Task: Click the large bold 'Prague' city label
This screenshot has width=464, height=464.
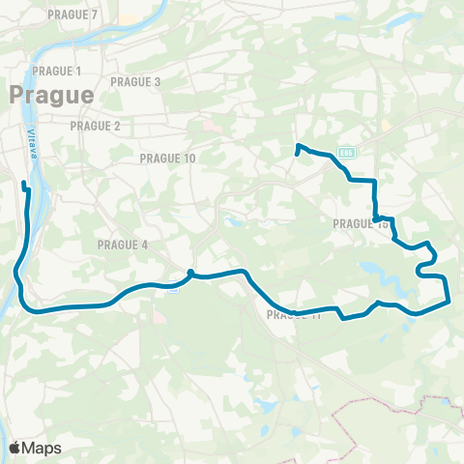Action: [x=51, y=95]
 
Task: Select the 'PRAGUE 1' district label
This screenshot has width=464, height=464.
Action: [x=56, y=72]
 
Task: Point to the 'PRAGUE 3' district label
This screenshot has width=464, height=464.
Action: [x=136, y=82]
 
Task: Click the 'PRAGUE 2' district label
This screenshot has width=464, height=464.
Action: [x=96, y=126]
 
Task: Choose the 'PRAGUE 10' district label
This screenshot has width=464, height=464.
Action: [x=167, y=158]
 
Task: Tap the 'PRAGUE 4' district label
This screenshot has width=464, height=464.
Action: [x=123, y=245]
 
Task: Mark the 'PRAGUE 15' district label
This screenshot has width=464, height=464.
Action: [x=360, y=223]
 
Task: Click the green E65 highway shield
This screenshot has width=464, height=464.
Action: [x=347, y=152]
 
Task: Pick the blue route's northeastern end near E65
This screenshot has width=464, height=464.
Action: [x=296, y=153]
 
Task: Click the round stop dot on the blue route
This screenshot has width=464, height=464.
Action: [x=191, y=273]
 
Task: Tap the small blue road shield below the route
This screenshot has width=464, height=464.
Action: [x=171, y=287]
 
